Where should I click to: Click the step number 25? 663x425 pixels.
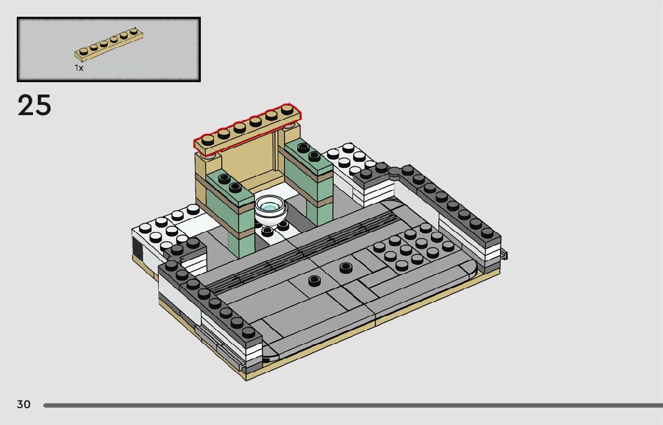pos(34,106)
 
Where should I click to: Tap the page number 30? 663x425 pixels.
pos(24,404)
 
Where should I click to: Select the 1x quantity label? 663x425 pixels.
pos(79,68)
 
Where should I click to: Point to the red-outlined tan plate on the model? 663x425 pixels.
pos(248,127)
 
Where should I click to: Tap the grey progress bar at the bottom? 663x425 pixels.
pos(353,405)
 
